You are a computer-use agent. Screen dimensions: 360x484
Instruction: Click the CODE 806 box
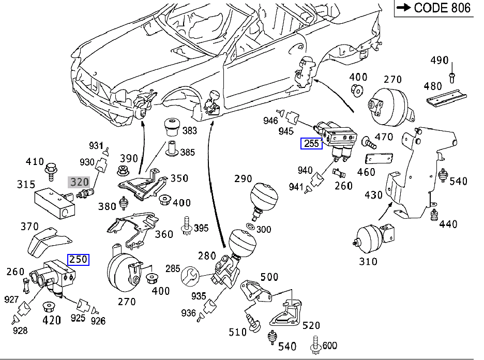point(434,8)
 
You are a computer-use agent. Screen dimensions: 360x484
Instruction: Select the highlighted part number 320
point(80,182)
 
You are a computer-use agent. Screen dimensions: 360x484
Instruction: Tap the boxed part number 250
point(79,259)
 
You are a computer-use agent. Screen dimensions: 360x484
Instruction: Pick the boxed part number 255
point(311,144)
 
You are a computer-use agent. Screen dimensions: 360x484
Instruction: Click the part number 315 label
point(25,185)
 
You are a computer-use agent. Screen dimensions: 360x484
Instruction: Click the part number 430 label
point(373,195)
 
